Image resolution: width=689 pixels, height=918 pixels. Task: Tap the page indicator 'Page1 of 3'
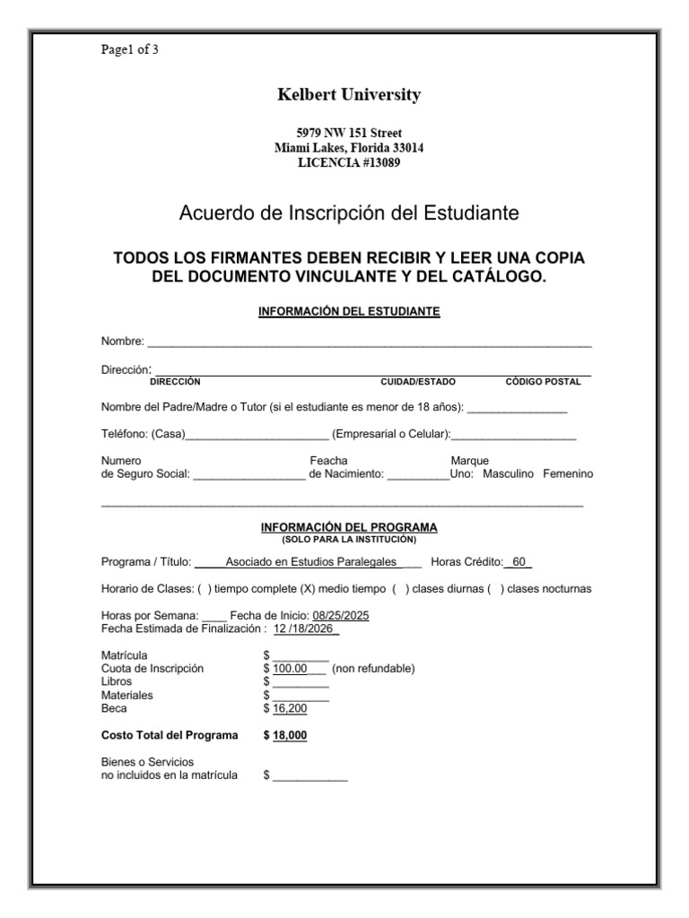point(130,49)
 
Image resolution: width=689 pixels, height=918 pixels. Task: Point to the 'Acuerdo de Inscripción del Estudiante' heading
point(349,213)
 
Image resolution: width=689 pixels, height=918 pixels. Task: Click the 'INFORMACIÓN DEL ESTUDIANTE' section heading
point(349,312)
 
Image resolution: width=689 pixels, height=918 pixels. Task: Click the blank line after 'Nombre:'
point(369,342)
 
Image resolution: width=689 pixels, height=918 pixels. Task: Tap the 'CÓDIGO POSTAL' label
point(543,381)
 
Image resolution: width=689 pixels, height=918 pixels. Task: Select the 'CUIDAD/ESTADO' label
point(418,381)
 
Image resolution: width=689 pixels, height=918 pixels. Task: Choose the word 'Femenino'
point(567,473)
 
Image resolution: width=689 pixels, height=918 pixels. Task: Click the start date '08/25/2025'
point(340,616)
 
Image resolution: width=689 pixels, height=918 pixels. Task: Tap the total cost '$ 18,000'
point(286,735)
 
